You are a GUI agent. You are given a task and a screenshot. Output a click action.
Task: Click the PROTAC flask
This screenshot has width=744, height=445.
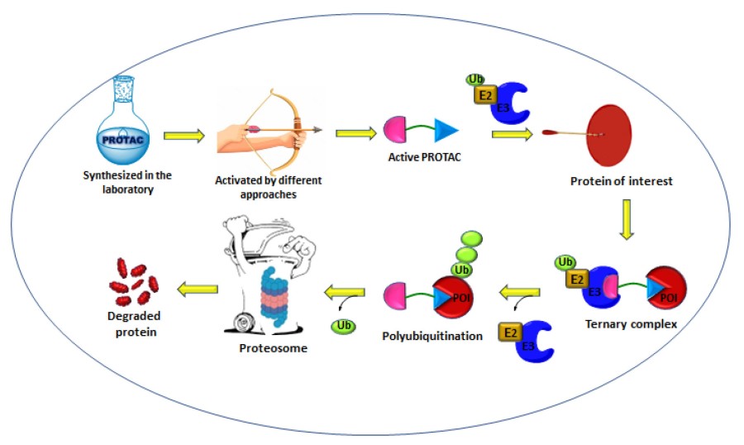click(x=122, y=124)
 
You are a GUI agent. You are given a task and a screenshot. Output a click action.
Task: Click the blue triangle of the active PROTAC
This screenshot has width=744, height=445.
click(x=446, y=130)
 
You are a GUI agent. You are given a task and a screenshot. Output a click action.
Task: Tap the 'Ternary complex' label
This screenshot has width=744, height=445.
click(x=630, y=323)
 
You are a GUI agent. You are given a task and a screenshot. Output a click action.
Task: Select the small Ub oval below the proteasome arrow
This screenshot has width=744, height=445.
click(x=345, y=327)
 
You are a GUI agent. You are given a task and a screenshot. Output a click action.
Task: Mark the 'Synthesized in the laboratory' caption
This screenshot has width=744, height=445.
click(x=118, y=179)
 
